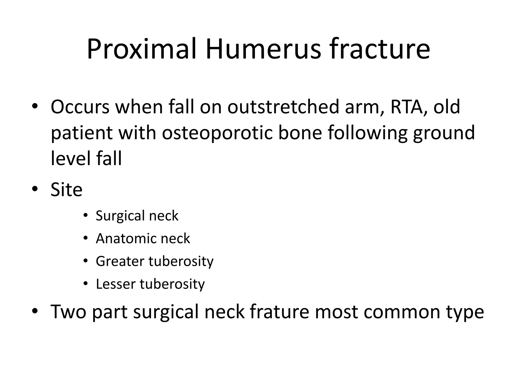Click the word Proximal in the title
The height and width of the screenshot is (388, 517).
coord(142,49)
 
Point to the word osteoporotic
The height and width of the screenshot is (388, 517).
coord(217,133)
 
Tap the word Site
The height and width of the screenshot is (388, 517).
coord(66,189)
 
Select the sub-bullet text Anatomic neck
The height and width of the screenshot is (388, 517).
coord(143,238)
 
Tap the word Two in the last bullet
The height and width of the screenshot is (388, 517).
coord(68,312)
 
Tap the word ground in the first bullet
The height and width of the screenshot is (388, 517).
coord(444,133)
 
